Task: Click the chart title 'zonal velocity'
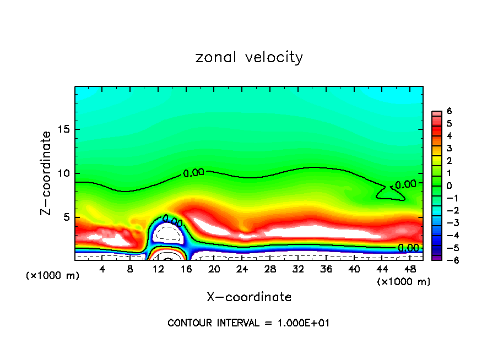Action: (x=249, y=57)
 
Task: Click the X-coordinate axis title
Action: (x=249, y=297)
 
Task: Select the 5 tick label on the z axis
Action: (x=65, y=217)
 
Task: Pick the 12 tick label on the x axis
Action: (x=159, y=269)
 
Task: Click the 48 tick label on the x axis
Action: (x=409, y=269)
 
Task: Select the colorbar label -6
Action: (x=448, y=260)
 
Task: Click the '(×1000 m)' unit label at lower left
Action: (x=53, y=276)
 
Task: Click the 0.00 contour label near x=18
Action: (x=193, y=172)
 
